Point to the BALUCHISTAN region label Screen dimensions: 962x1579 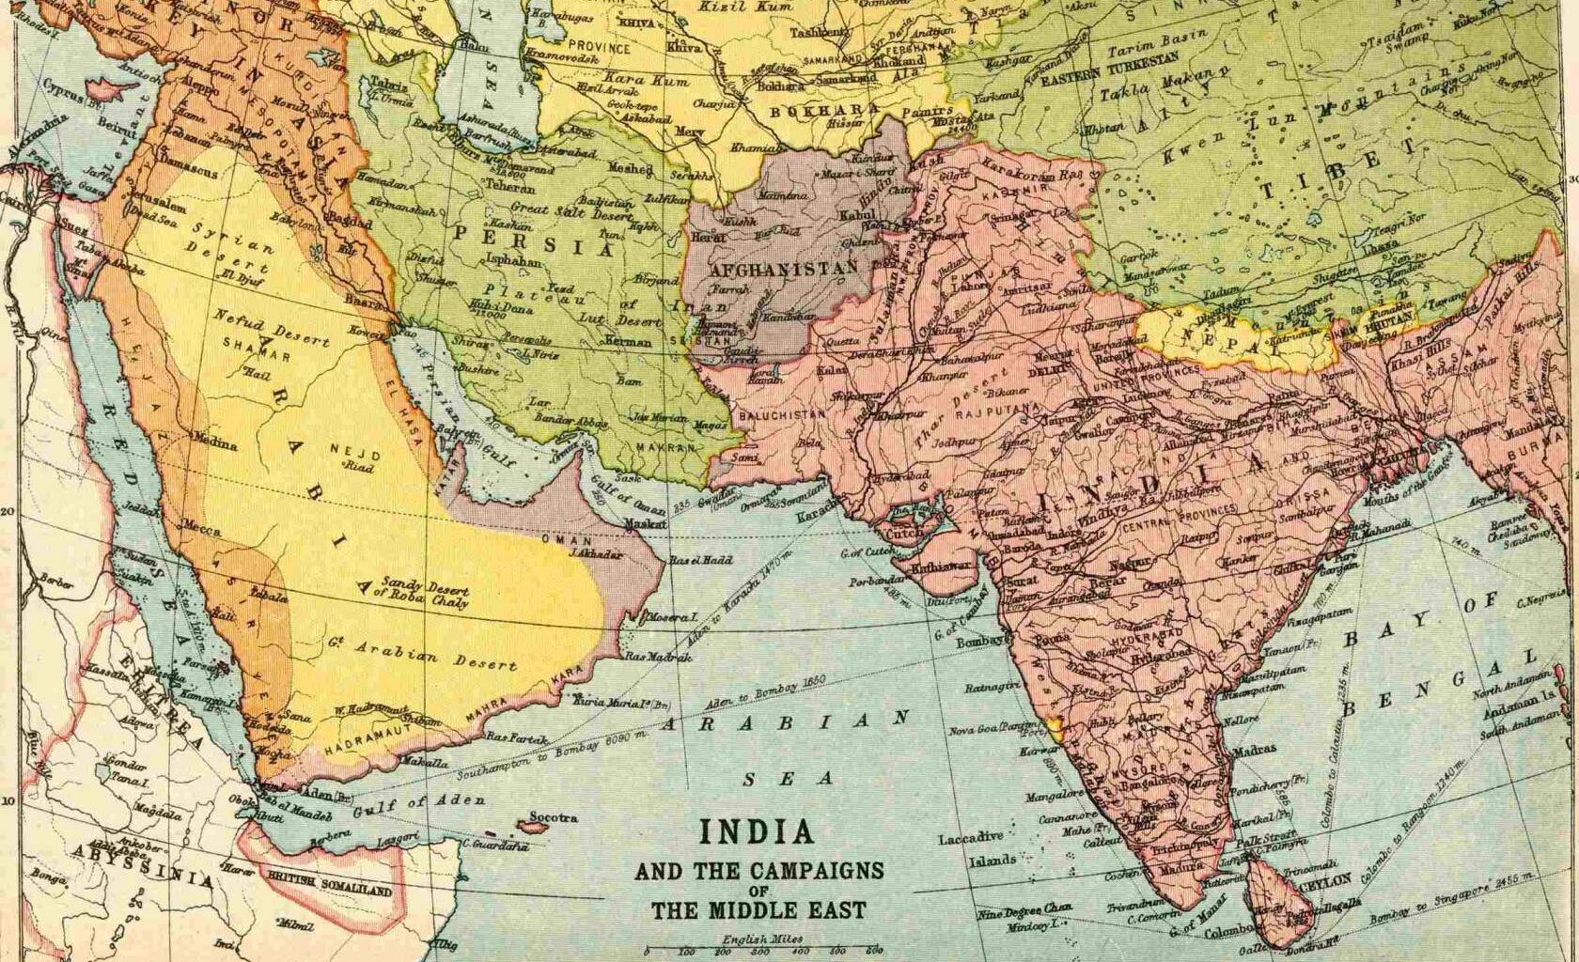[782, 414]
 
